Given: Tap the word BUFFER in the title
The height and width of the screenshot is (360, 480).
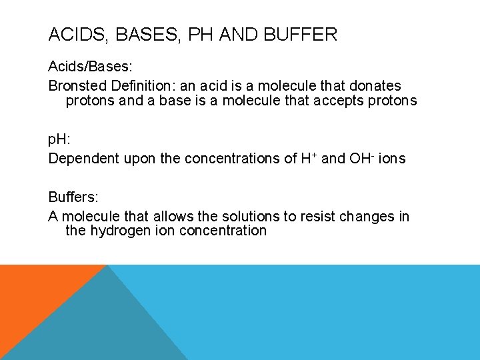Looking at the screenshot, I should pyautogui.click(x=302, y=35).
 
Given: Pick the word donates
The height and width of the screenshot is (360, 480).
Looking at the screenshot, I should pyautogui.click(x=375, y=85).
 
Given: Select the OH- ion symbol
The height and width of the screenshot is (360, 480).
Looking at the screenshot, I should pyautogui.click(x=363, y=158).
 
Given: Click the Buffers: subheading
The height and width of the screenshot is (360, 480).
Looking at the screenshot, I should pyautogui.click(x=73, y=198).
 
